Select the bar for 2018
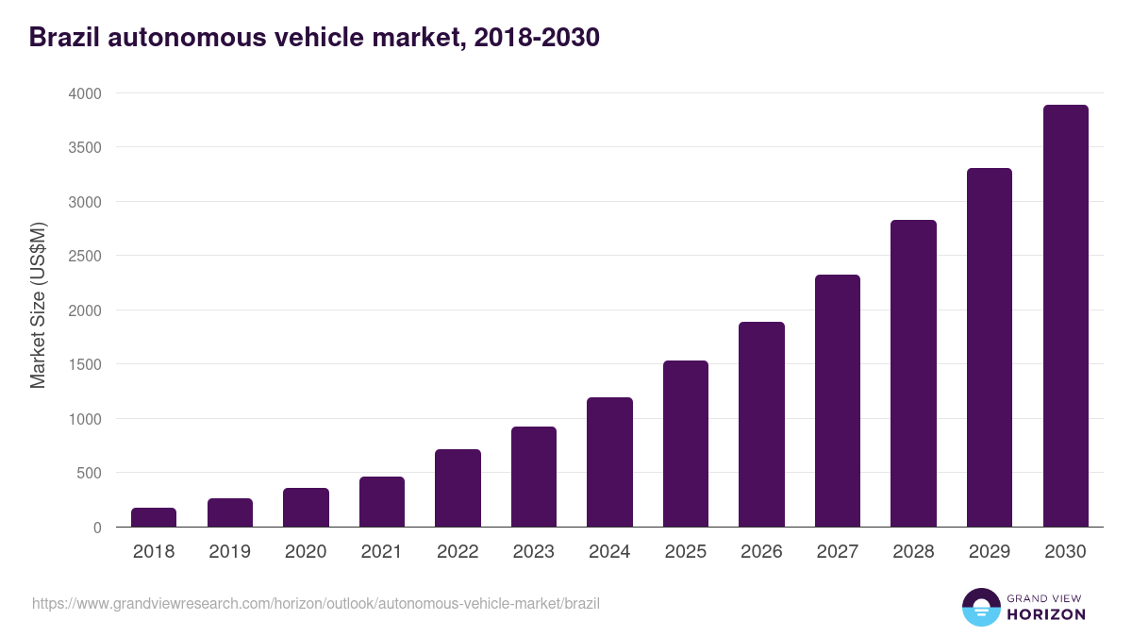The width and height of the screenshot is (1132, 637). (x=154, y=517)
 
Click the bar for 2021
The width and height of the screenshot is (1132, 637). (x=382, y=502)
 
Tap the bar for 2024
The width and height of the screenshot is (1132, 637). (x=609, y=462)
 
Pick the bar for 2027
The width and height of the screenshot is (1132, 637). (x=838, y=401)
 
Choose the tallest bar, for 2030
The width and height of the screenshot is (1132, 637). (x=1065, y=316)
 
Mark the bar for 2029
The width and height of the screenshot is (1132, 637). (x=990, y=347)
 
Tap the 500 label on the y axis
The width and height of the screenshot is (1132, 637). (x=90, y=473)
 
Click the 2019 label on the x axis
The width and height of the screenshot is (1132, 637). (x=229, y=552)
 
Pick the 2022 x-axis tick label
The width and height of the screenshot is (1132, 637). (x=458, y=552)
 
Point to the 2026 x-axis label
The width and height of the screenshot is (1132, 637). (x=761, y=552)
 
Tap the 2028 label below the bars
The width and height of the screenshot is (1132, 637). (x=913, y=552)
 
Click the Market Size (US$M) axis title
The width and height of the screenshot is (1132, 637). (x=38, y=305)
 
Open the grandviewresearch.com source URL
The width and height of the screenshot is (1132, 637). (x=316, y=603)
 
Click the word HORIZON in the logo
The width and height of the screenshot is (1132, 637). (x=1045, y=614)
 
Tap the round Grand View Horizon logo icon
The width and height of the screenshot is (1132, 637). (x=980, y=607)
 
